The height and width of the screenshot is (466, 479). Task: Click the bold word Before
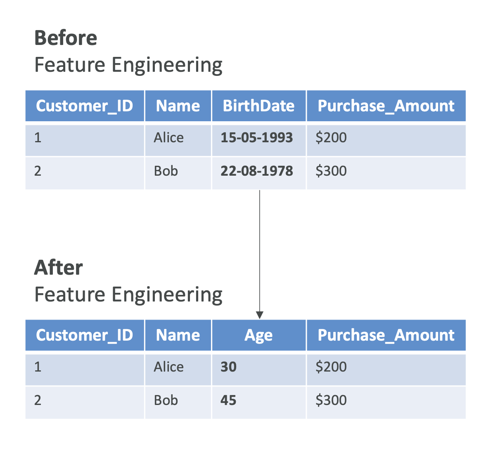(66, 38)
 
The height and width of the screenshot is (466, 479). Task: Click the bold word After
(59, 267)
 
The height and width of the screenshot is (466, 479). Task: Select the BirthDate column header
(258, 106)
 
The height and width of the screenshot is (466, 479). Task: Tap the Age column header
(258, 335)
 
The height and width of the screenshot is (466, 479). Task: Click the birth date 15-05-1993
(256, 137)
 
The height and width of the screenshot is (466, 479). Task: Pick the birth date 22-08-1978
(256, 171)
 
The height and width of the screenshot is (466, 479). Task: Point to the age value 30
(228, 367)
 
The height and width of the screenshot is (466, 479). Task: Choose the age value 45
(228, 400)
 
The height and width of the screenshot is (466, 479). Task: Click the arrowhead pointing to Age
(259, 315)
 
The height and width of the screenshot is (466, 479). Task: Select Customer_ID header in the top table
(85, 106)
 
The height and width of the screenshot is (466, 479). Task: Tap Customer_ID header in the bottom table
(85, 335)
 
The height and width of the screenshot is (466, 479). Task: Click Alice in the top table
(168, 137)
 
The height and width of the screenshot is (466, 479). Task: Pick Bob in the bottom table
(166, 400)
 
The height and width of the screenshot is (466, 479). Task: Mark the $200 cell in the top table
(331, 137)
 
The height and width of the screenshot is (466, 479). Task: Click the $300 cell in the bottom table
(331, 400)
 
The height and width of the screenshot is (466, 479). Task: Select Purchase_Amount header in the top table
(386, 106)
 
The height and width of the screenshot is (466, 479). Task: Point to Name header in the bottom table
(178, 335)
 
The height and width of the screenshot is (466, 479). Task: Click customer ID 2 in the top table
(38, 171)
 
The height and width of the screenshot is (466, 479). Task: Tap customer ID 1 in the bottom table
(38, 367)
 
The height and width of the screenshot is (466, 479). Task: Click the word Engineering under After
(167, 295)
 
